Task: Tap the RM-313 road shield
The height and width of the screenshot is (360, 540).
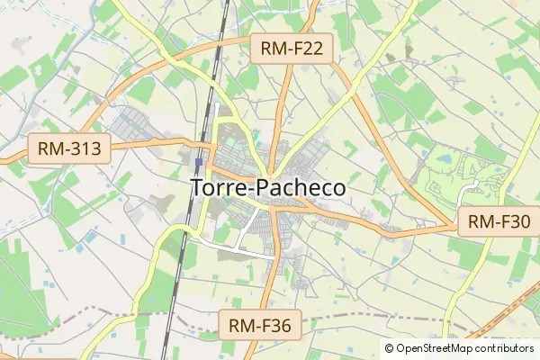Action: (x=69, y=148)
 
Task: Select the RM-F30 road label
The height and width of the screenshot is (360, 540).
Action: (x=499, y=220)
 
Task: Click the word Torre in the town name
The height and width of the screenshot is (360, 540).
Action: (x=217, y=187)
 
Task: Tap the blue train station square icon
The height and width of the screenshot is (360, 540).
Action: (x=198, y=163)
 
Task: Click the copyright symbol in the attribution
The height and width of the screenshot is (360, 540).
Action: (x=389, y=348)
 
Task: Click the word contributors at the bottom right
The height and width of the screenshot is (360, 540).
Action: (x=505, y=348)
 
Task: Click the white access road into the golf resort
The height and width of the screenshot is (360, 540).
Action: (x=464, y=188)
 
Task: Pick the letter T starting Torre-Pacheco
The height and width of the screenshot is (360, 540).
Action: (x=197, y=187)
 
